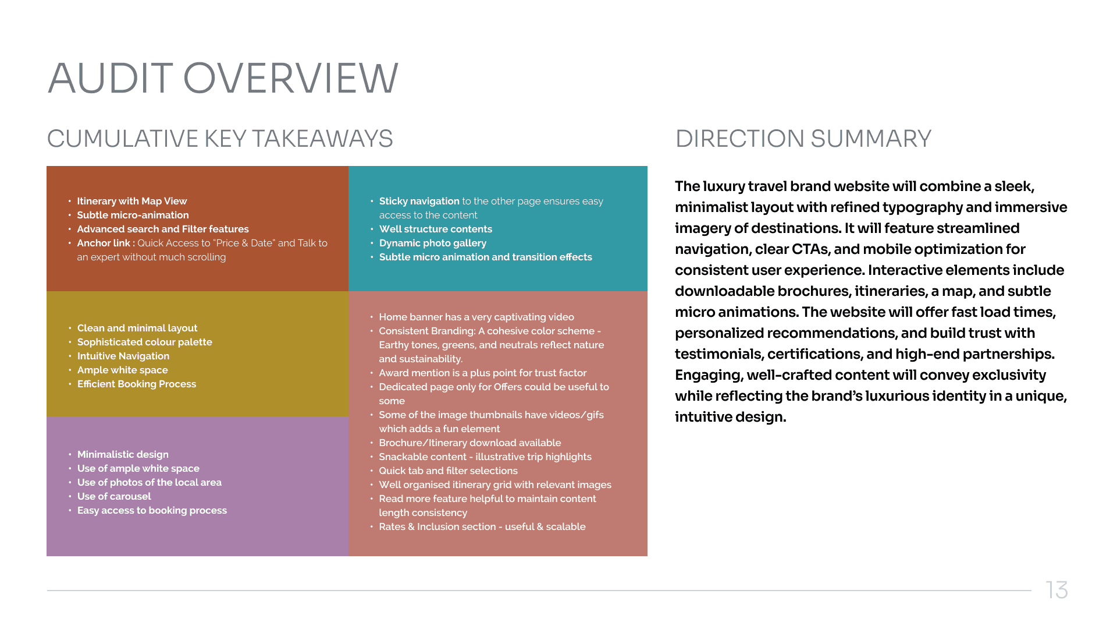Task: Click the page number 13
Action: pos(1056,590)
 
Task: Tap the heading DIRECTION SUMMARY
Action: pos(803,139)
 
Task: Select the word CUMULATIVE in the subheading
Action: pos(122,139)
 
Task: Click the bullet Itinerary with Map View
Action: pos(132,201)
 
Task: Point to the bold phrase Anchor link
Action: pos(104,243)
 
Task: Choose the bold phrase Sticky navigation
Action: pos(419,201)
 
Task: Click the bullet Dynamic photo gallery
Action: pos(432,243)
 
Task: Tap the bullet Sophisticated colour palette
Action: pos(144,342)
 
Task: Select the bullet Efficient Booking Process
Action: pos(137,384)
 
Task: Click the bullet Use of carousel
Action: pos(114,496)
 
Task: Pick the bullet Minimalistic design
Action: pos(123,454)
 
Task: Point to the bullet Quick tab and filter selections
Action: pos(448,471)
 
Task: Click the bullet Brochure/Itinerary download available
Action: pos(469,443)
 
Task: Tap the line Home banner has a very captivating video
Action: pos(476,317)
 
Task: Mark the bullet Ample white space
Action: pos(122,370)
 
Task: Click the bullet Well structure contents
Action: pos(435,229)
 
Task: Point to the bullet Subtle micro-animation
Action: pos(133,215)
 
